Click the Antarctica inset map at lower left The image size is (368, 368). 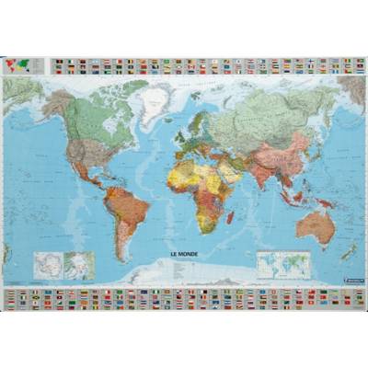click(x=45, y=265)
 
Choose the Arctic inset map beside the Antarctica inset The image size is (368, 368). click(x=78, y=265)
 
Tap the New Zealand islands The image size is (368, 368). click(x=349, y=250)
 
